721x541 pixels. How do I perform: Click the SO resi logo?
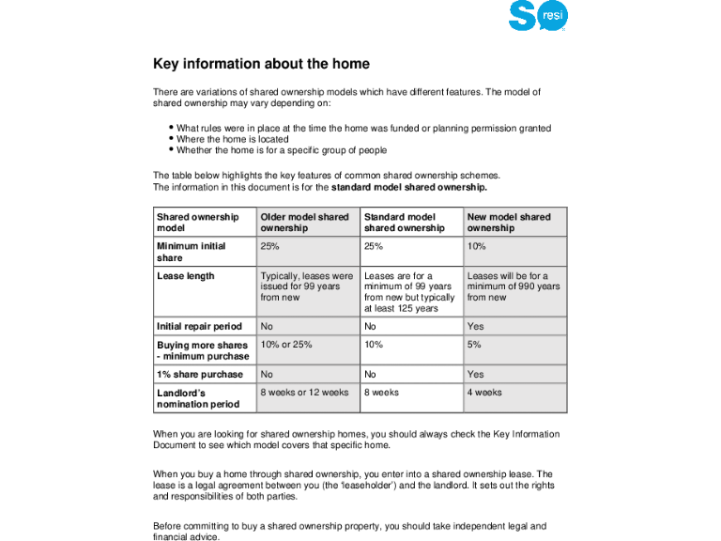(x=538, y=16)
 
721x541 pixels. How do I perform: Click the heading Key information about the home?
(x=261, y=65)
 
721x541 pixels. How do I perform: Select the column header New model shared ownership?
(x=509, y=223)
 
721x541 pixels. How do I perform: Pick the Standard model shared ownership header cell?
(x=405, y=223)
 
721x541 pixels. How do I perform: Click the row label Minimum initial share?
(x=191, y=252)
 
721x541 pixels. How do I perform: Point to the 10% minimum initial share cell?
(x=476, y=246)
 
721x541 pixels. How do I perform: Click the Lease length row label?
(x=185, y=276)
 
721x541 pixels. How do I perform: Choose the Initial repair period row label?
(x=199, y=327)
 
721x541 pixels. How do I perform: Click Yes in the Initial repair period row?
(x=475, y=327)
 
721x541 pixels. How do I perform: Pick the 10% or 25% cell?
(x=286, y=345)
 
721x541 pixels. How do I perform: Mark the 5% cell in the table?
(x=474, y=345)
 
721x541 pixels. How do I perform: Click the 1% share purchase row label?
(x=199, y=374)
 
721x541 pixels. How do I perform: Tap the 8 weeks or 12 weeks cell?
(x=304, y=393)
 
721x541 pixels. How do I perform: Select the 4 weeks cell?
(x=484, y=393)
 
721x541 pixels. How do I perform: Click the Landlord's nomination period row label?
(x=198, y=398)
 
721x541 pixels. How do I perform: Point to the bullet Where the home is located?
(x=233, y=139)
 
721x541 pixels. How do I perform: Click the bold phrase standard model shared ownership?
(x=409, y=187)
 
